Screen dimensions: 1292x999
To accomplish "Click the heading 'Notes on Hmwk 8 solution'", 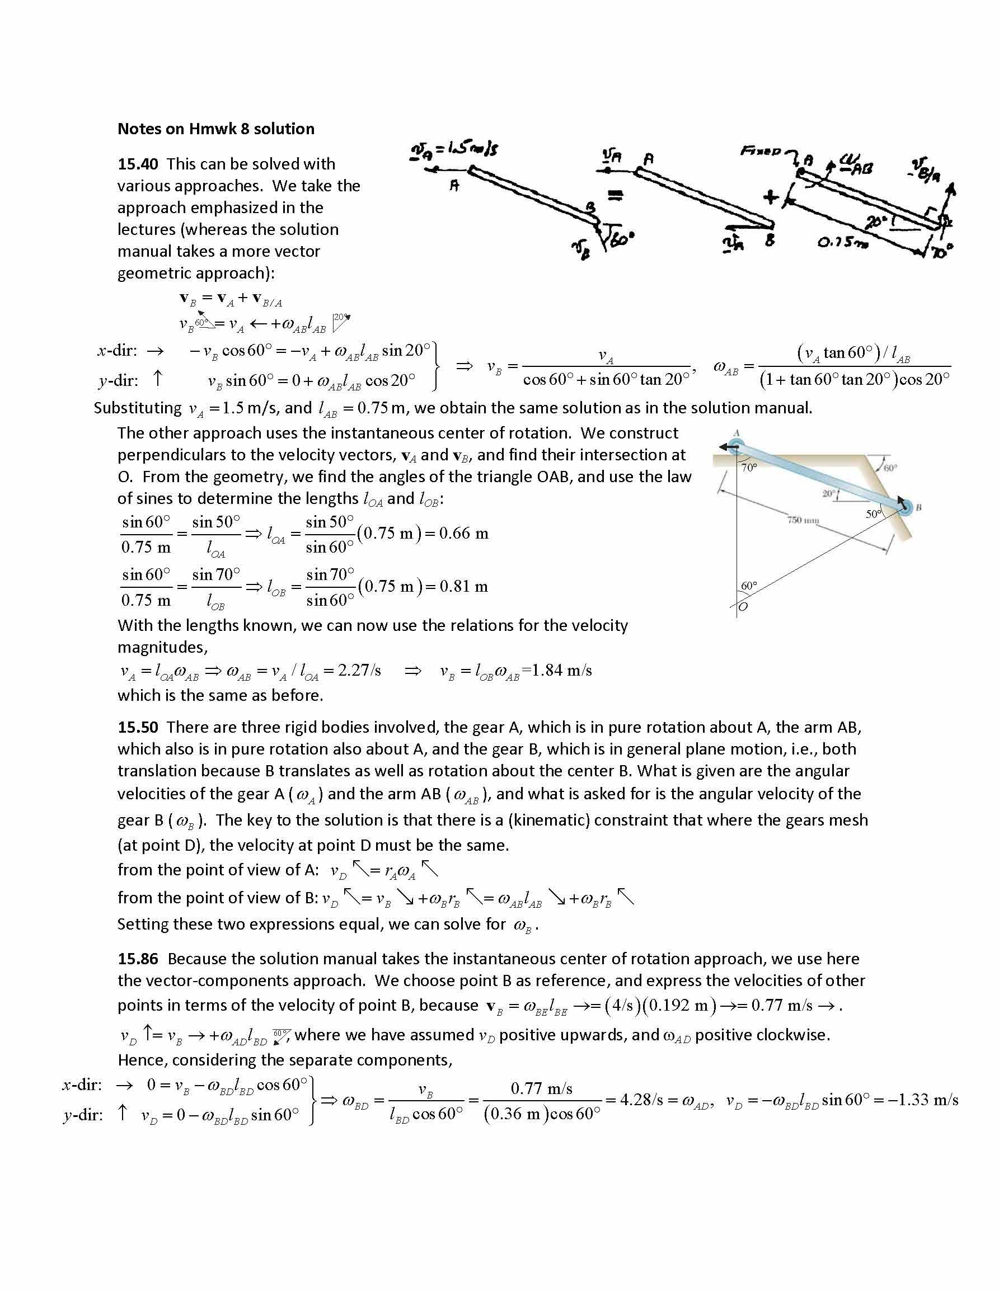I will point(216,129).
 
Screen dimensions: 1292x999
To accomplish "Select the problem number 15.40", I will point(138,164).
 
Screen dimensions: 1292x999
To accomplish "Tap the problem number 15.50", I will point(138,727).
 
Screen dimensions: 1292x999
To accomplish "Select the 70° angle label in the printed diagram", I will point(749,468).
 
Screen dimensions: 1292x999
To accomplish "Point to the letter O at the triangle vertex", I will point(743,607).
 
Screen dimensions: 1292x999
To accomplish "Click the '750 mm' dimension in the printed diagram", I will point(803,520).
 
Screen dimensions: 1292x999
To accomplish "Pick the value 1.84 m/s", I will point(562,671).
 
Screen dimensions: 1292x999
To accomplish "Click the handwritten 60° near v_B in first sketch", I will point(621,240).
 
